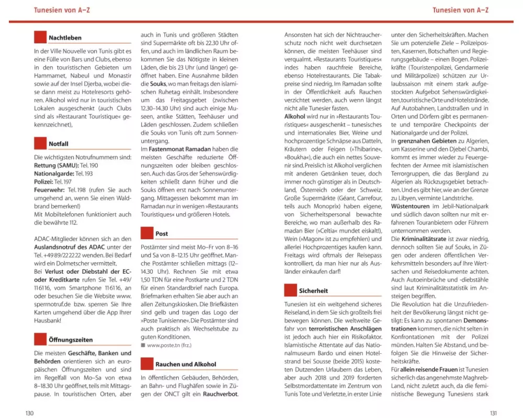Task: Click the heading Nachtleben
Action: (x=65, y=38)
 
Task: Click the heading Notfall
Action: (x=59, y=144)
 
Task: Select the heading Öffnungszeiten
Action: (x=71, y=340)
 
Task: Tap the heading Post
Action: (x=162, y=234)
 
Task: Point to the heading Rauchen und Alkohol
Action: (x=185, y=364)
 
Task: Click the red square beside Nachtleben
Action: (x=40, y=37)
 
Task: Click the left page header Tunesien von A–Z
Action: (x=62, y=10)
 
